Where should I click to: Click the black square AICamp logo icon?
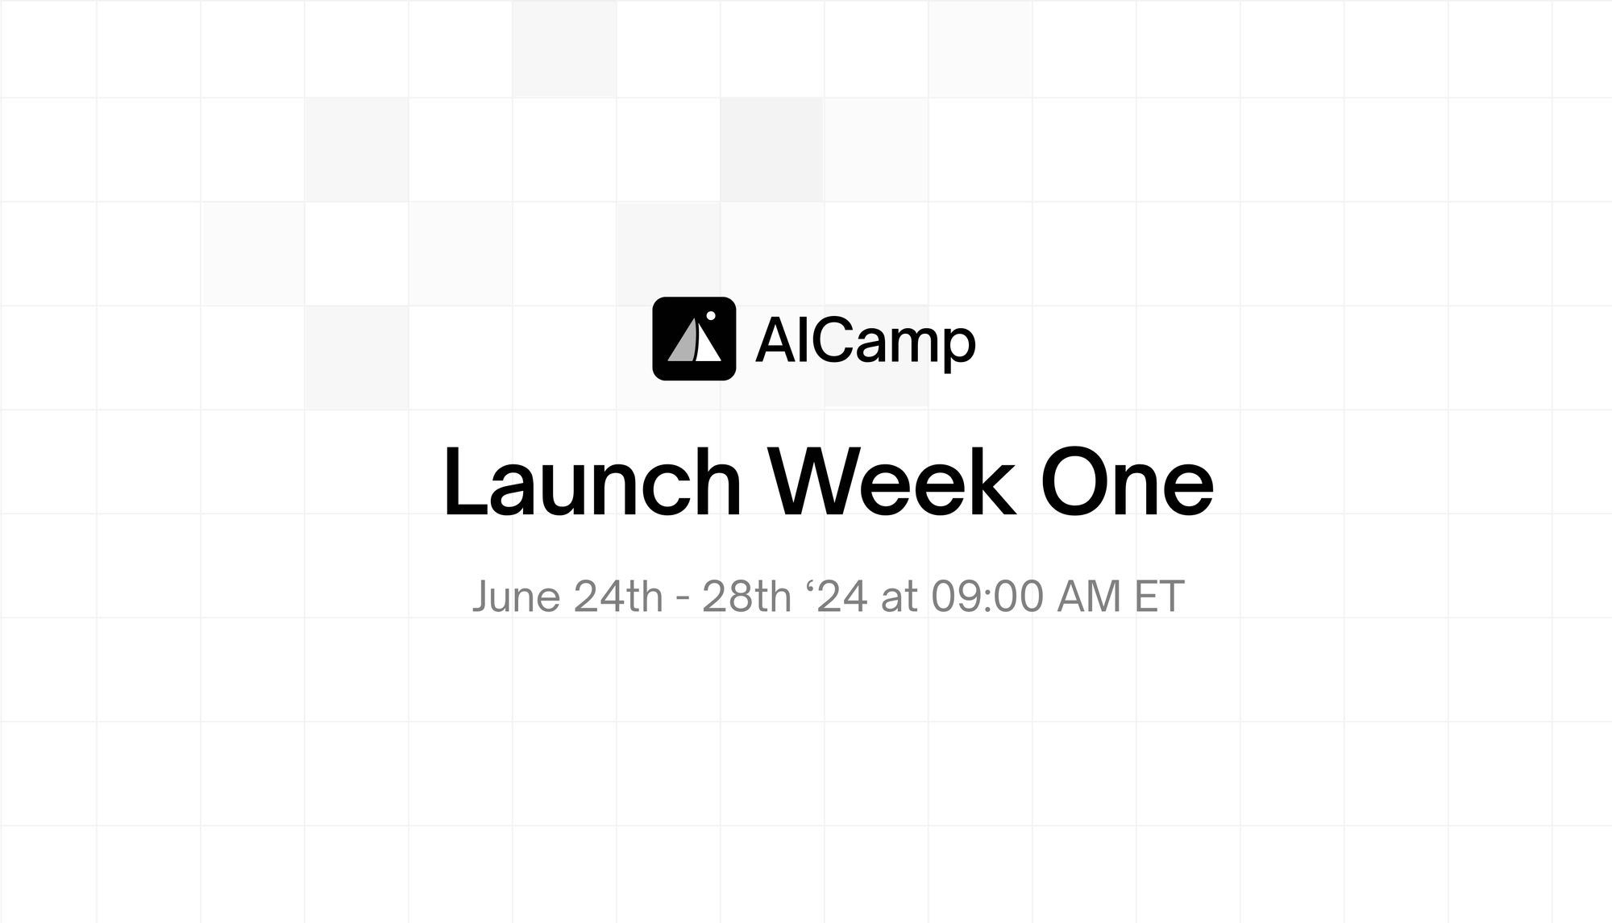[x=694, y=339]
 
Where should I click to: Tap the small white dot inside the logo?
[x=711, y=315]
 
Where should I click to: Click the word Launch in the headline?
[x=592, y=481]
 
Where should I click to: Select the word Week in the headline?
[x=891, y=481]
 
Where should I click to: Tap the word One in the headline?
[x=1127, y=483]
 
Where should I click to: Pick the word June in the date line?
[x=516, y=597]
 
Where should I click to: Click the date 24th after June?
[x=618, y=597]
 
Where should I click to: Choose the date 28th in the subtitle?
[x=747, y=597]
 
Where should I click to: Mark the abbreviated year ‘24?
[x=837, y=597]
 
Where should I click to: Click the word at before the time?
[x=899, y=598]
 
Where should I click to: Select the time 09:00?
[x=987, y=597]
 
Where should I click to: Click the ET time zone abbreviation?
[x=1159, y=597]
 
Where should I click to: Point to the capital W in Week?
[x=814, y=482]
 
